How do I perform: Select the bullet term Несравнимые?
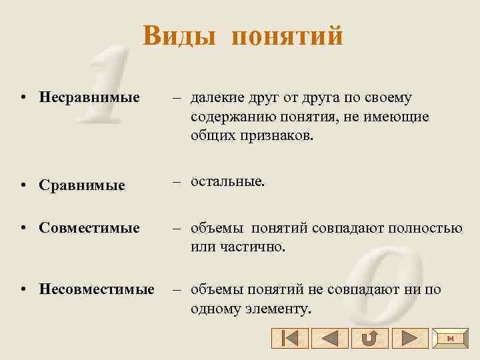[x=89, y=98]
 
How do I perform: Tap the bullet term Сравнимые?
[x=82, y=185]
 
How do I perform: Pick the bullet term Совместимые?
[x=89, y=228]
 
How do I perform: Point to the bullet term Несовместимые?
[x=96, y=289]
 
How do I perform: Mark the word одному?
[x=213, y=309]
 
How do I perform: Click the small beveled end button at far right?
[x=450, y=338]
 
